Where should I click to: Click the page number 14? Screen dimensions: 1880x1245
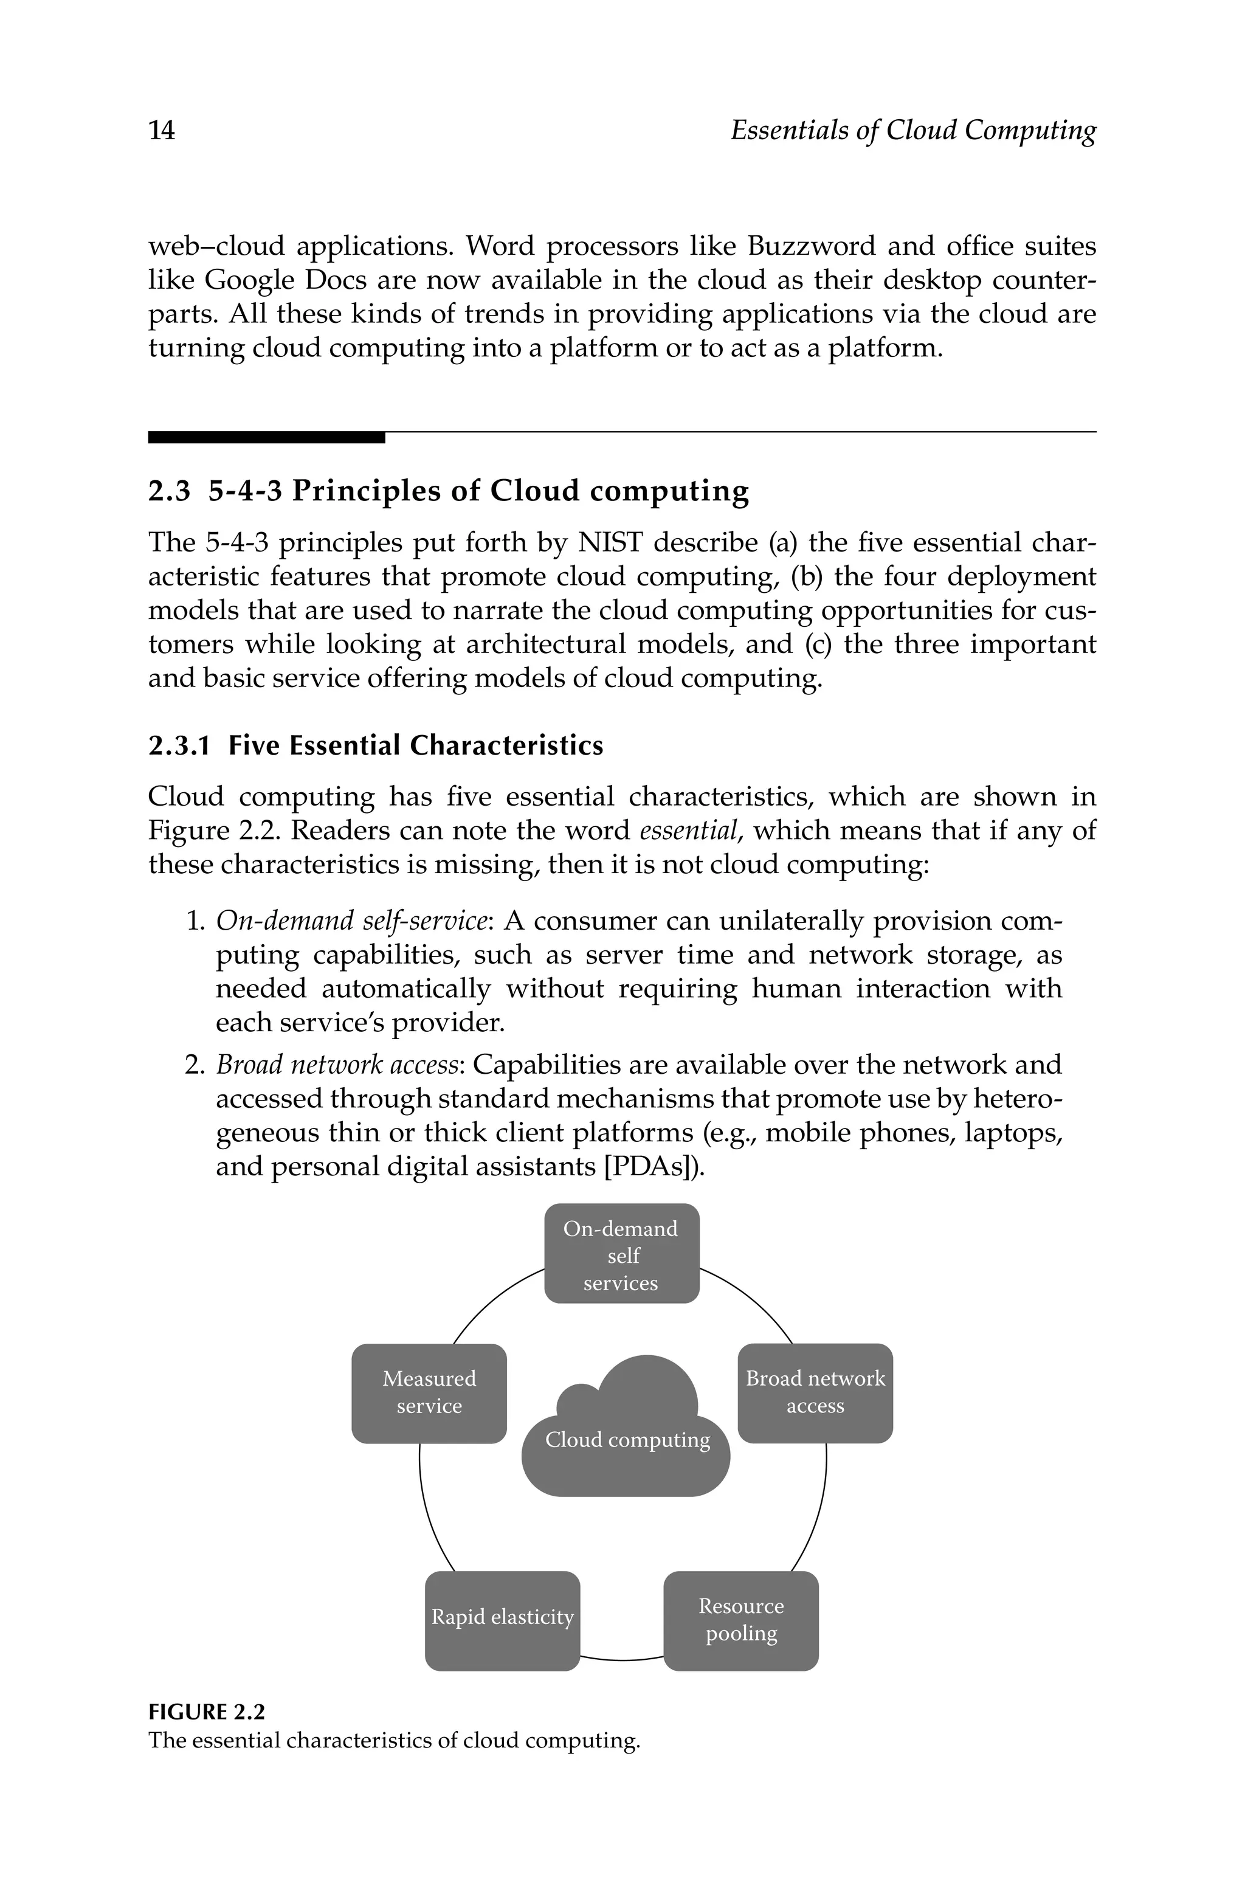tap(162, 130)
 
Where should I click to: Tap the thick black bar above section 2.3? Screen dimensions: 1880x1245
tap(266, 437)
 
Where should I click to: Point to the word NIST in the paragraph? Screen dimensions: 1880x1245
tap(610, 542)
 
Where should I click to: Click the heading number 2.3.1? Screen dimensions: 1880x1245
tap(179, 746)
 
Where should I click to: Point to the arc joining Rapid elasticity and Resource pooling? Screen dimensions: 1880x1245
tap(622, 1659)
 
